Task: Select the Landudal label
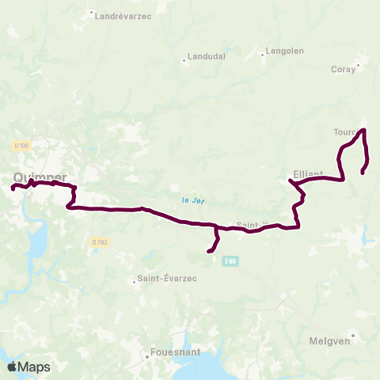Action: [207, 57]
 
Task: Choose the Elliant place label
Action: [308, 173]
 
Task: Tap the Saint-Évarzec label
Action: [169, 279]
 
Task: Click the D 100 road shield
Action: [21, 146]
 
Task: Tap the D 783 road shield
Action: [99, 241]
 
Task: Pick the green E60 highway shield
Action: [230, 260]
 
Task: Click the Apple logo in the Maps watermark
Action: [12, 367]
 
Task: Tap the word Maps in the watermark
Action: [34, 367]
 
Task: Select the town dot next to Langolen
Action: [264, 55]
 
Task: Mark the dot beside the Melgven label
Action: [353, 335]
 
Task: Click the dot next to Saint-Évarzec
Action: [134, 279]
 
